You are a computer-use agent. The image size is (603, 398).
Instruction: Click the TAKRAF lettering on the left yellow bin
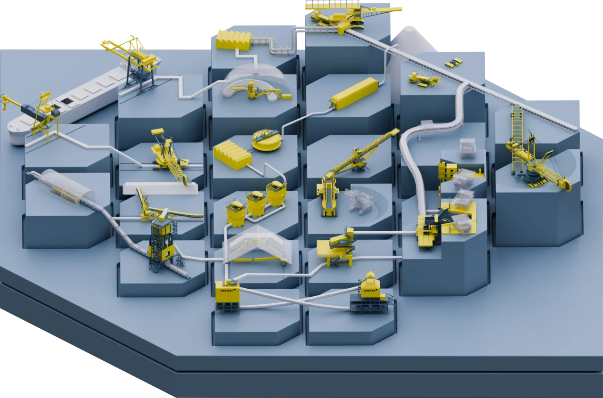(226, 290)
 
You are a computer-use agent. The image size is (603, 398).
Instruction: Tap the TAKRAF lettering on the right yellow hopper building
(369, 291)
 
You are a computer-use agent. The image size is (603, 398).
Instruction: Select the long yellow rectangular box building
(355, 93)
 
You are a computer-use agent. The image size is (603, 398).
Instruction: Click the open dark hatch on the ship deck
(66, 101)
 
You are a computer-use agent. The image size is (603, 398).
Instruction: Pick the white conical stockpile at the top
(410, 41)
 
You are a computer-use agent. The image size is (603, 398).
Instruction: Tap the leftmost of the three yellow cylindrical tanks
(236, 214)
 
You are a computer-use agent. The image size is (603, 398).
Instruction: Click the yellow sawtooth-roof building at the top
(234, 41)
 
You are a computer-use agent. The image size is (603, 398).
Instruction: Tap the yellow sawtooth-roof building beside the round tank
(233, 155)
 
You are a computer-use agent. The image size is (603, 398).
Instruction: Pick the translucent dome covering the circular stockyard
(257, 81)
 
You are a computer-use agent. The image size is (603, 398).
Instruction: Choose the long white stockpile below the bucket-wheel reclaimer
(160, 188)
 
